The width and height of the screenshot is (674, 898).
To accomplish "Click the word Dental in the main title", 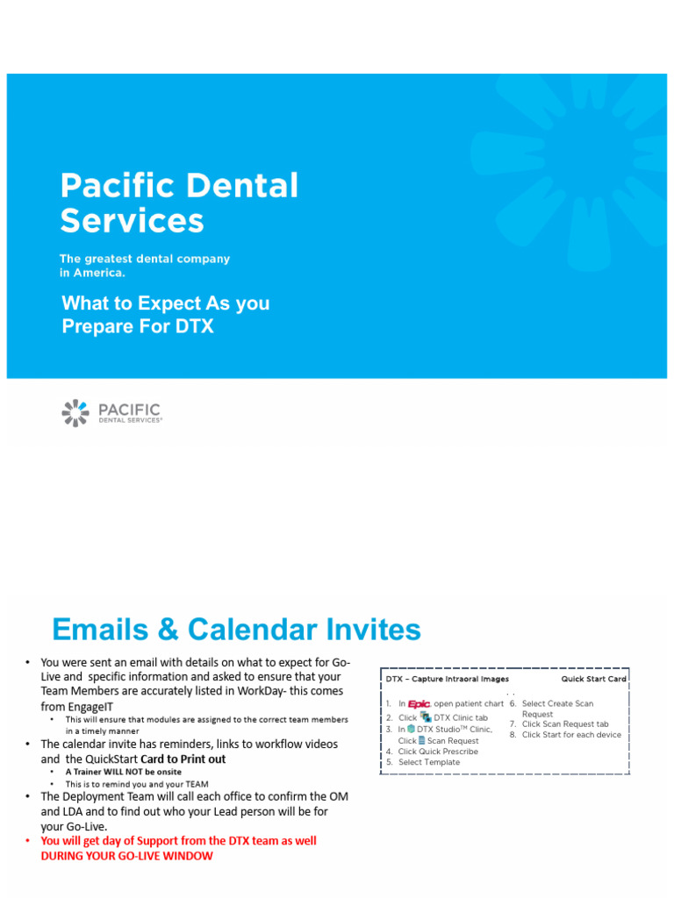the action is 242,185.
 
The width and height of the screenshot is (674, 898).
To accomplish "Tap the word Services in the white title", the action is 132,220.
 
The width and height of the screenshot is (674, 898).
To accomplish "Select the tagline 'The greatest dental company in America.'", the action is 145,266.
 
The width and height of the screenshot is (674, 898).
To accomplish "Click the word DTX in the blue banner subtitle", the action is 194,326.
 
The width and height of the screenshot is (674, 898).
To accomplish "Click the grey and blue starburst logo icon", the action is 75,412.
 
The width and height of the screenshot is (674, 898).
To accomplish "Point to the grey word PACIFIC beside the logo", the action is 130,410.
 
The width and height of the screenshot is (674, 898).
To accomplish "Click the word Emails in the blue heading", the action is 100,629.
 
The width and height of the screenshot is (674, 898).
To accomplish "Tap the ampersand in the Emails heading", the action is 168,630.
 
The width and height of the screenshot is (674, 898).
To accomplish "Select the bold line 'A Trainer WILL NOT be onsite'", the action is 123,772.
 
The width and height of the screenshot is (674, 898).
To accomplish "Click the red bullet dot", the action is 27,841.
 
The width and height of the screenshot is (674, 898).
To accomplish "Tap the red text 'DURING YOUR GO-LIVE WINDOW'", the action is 126,856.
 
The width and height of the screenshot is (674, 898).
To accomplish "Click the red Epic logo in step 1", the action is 419,704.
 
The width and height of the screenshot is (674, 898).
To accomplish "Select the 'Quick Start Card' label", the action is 594,679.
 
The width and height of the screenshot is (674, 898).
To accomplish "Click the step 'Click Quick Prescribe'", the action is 438,752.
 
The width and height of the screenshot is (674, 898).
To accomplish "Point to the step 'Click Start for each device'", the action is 571,735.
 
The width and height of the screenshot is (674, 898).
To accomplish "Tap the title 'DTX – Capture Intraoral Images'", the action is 447,679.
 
